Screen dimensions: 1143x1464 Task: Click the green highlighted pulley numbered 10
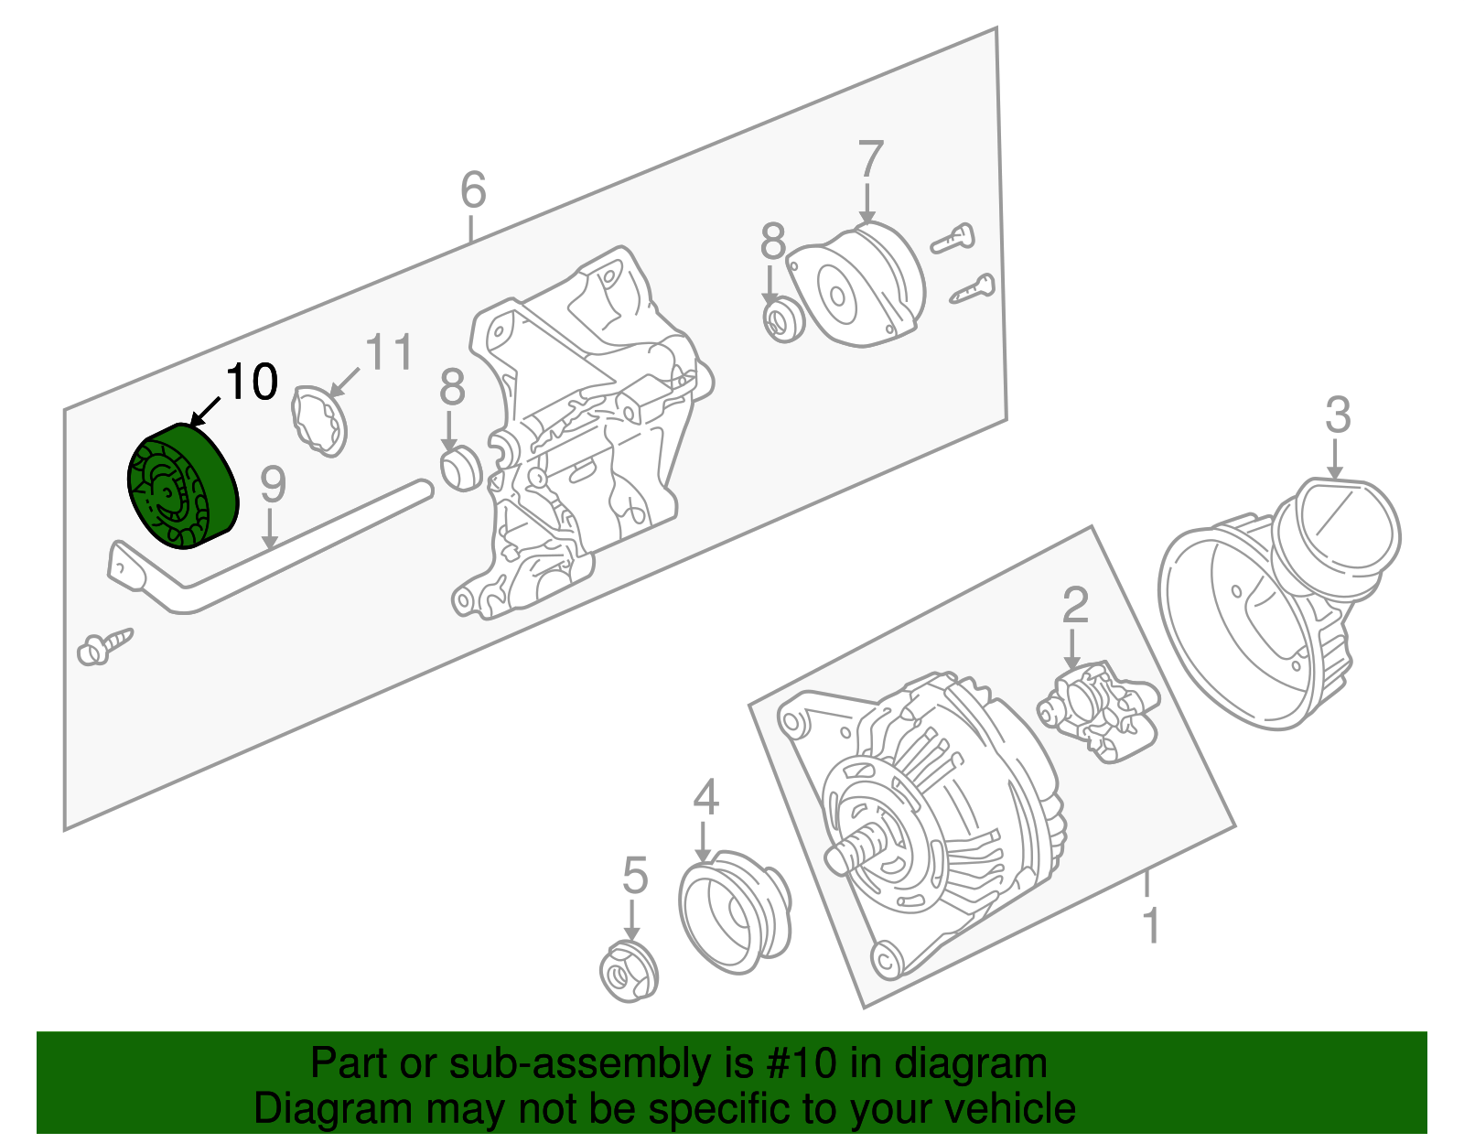pyautogui.click(x=181, y=486)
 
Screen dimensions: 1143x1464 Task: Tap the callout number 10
pyautogui.click(x=252, y=382)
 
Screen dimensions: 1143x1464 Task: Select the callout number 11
pyautogui.click(x=389, y=352)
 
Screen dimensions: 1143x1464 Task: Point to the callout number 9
pyautogui.click(x=273, y=485)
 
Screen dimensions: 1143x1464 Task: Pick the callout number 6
pyautogui.click(x=473, y=190)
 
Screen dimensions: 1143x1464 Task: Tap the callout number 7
pyautogui.click(x=870, y=161)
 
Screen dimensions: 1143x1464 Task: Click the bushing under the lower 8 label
pyautogui.click(x=460, y=469)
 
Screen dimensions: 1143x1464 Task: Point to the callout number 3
pyautogui.click(x=1338, y=415)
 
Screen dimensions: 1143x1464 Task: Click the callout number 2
pyautogui.click(x=1075, y=606)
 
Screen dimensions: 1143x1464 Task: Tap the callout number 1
pyautogui.click(x=1151, y=925)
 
